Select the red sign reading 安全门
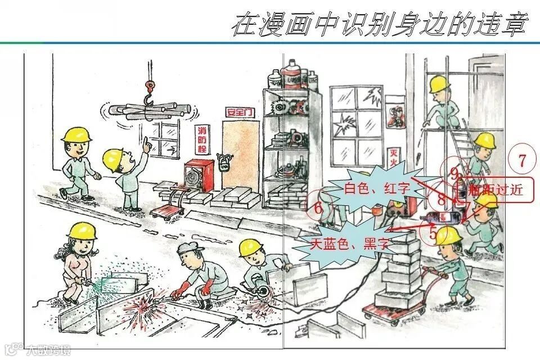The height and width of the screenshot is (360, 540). (x=239, y=111)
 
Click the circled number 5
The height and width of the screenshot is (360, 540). (x=433, y=232)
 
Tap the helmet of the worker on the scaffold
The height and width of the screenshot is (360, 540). (x=440, y=84)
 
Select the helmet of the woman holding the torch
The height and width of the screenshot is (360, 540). (x=82, y=231)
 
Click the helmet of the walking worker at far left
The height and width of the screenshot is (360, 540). (x=76, y=134)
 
